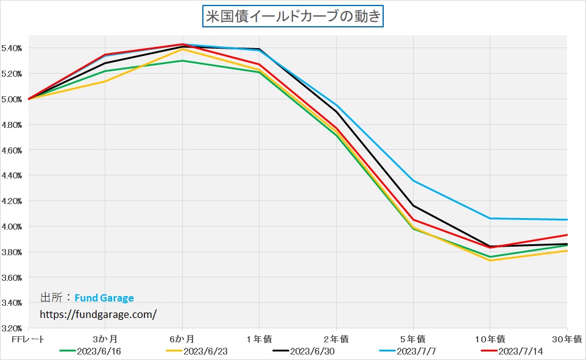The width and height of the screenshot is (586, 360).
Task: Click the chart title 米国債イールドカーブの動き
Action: point(292,16)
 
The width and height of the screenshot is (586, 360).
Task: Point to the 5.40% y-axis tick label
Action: point(13,48)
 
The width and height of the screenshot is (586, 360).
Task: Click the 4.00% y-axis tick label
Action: point(13,227)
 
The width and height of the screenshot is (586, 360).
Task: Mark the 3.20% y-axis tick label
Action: point(13,328)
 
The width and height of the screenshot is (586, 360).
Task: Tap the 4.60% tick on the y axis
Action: point(13,150)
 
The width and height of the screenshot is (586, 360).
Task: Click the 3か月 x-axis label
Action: point(105,338)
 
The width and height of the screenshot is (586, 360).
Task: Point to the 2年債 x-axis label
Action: point(336,338)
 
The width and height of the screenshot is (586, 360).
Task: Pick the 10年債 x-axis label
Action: point(490,338)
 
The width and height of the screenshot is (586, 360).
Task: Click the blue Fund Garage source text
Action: point(104,298)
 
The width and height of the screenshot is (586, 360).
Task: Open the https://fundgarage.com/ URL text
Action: point(98,314)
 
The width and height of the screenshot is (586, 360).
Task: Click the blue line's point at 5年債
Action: point(414,180)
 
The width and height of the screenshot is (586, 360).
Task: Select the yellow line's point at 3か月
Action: point(105,81)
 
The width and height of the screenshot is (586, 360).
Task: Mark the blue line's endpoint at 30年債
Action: point(567,219)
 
